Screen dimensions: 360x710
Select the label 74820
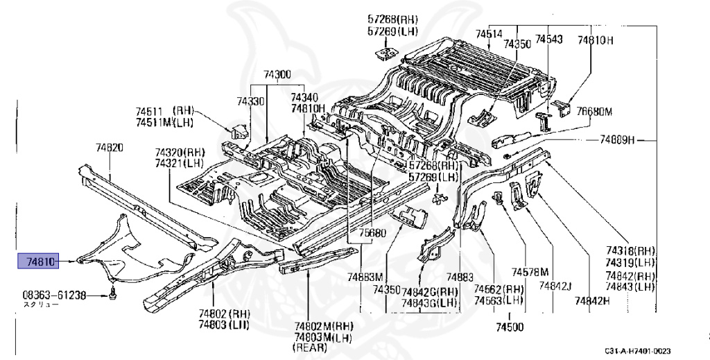pos(110,147)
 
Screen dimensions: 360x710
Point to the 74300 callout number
pos(277,75)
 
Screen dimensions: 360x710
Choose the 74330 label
pos(250,101)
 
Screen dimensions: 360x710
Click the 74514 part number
pos(489,33)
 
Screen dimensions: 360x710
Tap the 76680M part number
pos(596,111)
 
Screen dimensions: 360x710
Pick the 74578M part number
pos(530,271)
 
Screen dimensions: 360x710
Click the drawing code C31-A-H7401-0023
pos(637,352)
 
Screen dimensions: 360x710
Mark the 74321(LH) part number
pos(180,162)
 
